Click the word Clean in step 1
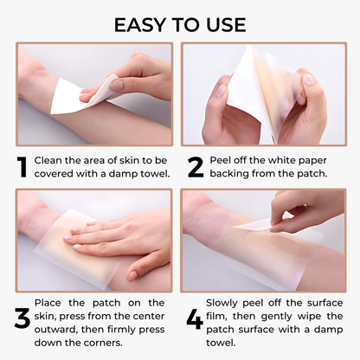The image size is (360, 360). click(50, 160)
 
